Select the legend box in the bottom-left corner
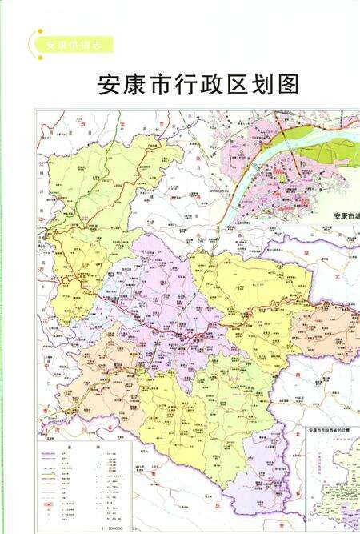(84, 480)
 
